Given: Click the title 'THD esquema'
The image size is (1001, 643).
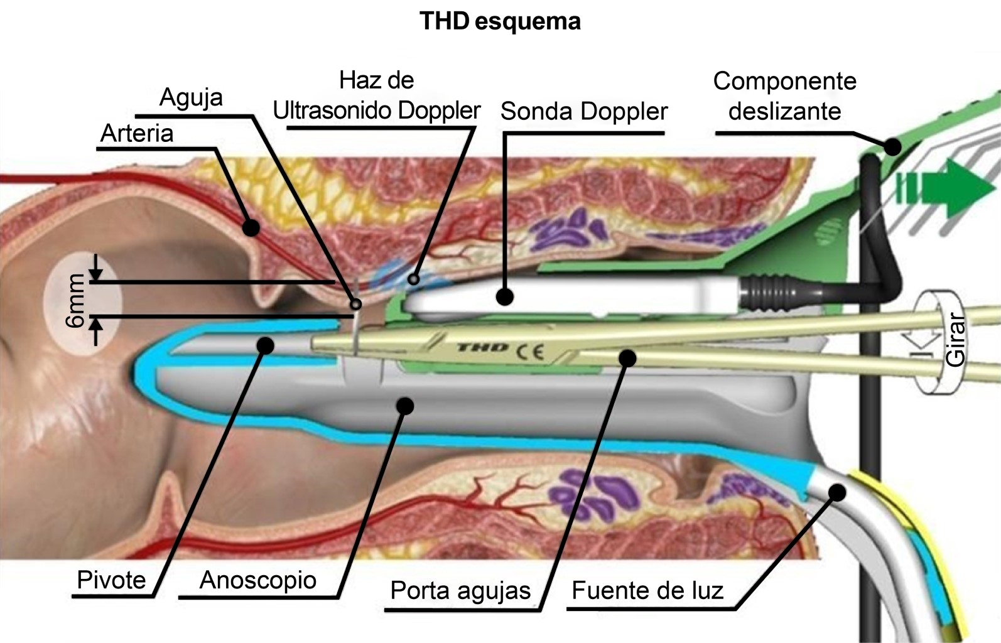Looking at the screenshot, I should tap(500, 22).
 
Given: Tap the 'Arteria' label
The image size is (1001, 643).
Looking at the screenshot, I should tap(137, 134).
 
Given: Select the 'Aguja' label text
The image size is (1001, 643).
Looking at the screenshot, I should tap(191, 97).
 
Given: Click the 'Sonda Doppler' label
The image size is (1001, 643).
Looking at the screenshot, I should tap(584, 112).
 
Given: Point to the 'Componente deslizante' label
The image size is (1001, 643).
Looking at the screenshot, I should tap(785, 96).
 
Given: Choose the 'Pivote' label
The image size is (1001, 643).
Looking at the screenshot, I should tap(111, 580).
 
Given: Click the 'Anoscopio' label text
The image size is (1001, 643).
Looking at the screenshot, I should tap(257, 580).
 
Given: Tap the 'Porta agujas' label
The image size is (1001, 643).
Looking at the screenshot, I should tap(460, 591).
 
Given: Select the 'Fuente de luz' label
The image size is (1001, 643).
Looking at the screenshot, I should tap(647, 591).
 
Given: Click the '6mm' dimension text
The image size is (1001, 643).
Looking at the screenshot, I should tap(75, 300).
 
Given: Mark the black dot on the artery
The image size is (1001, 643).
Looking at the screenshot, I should tap(251, 227).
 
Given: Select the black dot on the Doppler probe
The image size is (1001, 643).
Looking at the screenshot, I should tap(504, 296).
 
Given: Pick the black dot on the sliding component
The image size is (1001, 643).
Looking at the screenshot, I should tap(892, 147).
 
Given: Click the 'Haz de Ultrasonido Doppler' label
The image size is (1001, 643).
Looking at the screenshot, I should tap(377, 95).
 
